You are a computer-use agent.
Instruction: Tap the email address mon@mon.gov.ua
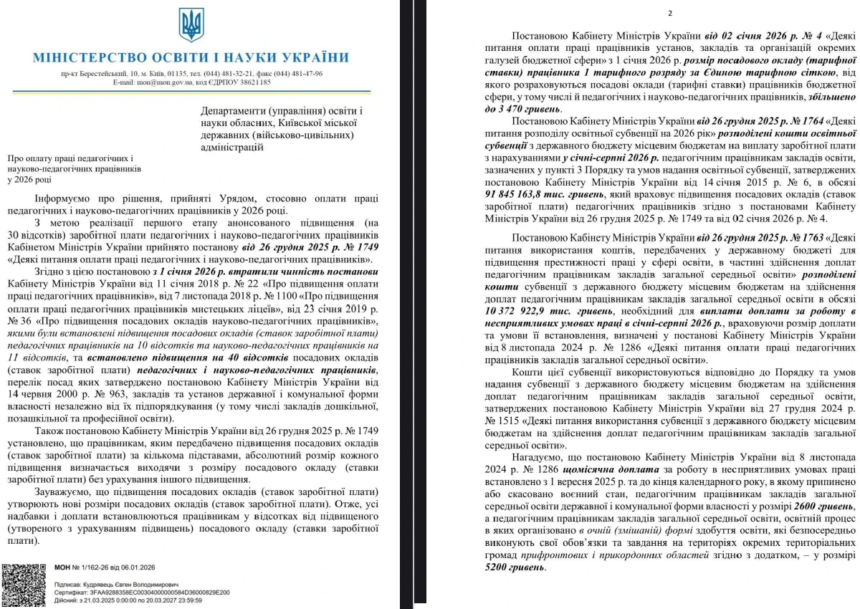pyautogui.click(x=166, y=82)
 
